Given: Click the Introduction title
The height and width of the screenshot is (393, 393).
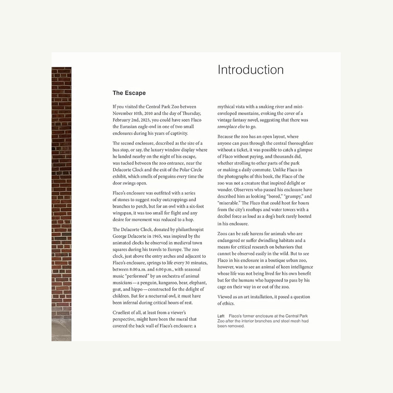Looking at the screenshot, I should (x=251, y=70).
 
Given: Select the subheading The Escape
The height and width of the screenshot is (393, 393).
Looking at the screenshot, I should (x=129, y=93).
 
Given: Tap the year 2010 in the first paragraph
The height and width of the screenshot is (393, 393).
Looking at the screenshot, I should (x=149, y=113).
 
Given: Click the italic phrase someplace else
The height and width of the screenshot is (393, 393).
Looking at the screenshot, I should (x=231, y=126).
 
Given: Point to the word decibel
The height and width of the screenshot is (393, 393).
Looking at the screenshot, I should (x=225, y=216).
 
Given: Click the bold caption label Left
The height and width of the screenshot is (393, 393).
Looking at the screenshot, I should (x=221, y=316).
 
